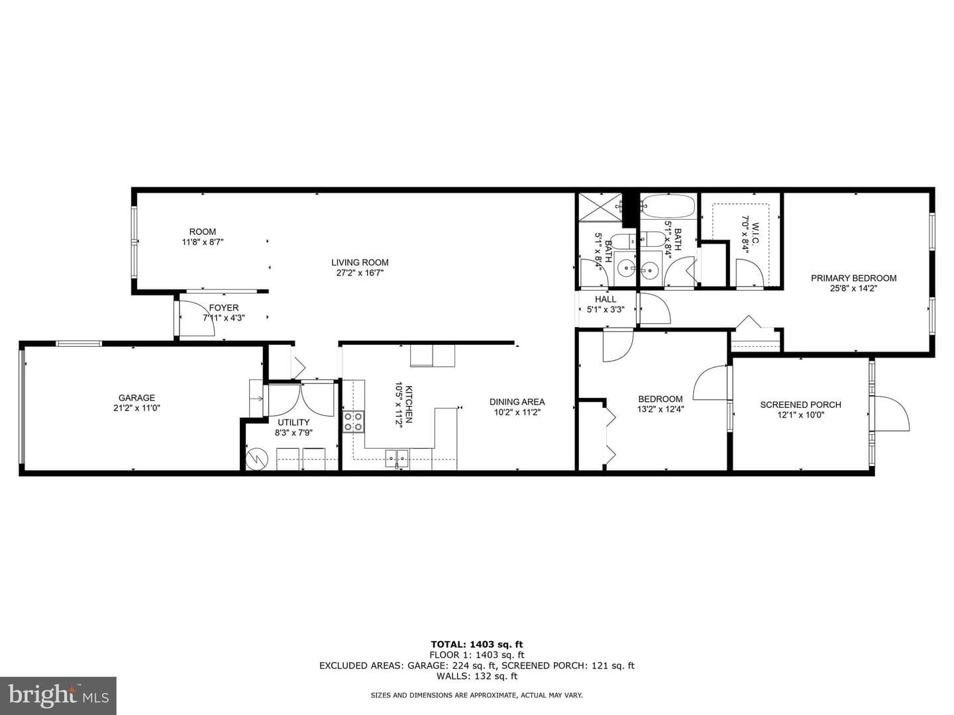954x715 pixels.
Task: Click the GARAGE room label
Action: [136, 398]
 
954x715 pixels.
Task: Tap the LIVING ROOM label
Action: [360, 263]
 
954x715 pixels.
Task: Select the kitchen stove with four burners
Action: [354, 422]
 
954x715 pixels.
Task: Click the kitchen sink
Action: [396, 457]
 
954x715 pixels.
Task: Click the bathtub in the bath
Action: [668, 206]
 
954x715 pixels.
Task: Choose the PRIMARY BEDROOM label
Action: [853, 278]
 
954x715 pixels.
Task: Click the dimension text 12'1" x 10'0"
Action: [800, 415]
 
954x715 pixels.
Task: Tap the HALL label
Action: [606, 299]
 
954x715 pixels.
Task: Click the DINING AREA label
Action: [517, 402]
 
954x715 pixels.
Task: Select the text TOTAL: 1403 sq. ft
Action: [477, 644]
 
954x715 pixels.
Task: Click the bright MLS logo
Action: [58, 695]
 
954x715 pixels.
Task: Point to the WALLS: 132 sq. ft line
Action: [477, 676]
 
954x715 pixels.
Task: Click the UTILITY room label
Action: [293, 422]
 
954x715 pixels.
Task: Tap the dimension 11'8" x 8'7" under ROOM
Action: [203, 242]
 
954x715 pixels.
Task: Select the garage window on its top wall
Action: [79, 344]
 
